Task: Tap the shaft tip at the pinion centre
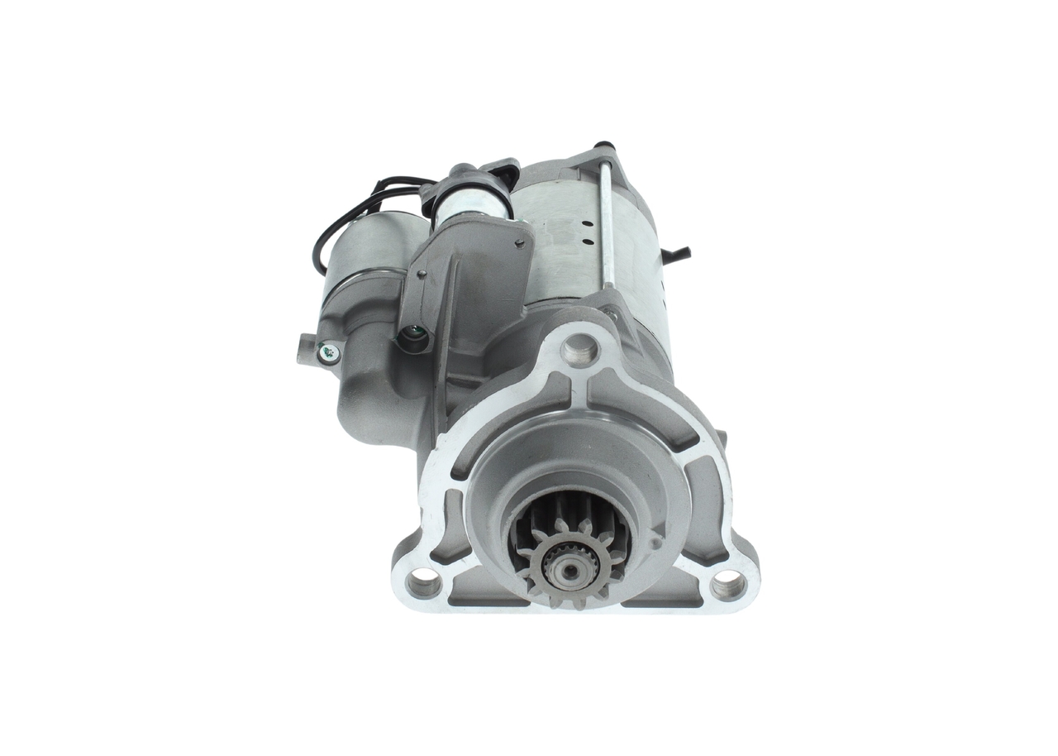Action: coord(569,570)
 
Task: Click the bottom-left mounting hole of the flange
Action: coord(424,583)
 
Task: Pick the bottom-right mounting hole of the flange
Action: coord(728,584)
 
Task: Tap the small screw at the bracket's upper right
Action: coord(519,243)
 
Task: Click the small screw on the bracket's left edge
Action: coord(421,275)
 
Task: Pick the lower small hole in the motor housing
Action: coord(587,242)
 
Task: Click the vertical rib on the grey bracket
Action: coord(446,331)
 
